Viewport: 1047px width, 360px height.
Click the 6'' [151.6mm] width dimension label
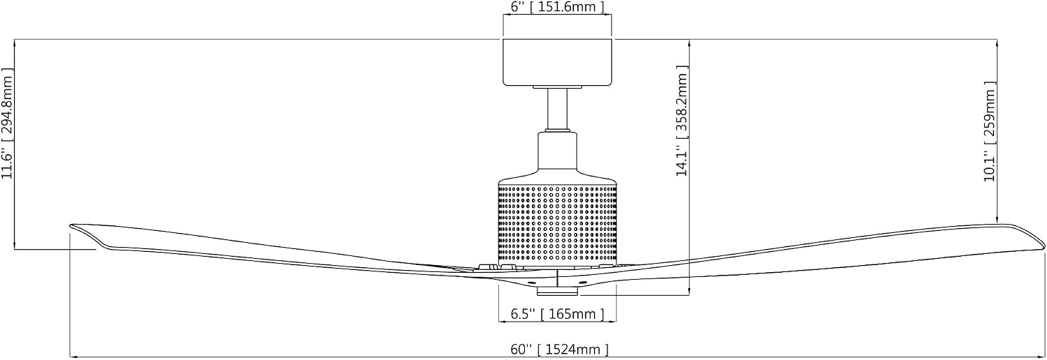(557, 7)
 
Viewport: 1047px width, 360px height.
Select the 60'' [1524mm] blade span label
(560, 349)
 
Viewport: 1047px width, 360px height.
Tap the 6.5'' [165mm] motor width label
(557, 314)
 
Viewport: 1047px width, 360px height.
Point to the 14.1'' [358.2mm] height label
(683, 121)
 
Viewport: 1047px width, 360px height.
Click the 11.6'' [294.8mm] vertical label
(8, 123)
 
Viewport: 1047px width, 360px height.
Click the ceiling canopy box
(557, 63)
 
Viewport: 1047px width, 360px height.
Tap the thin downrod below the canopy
(557, 109)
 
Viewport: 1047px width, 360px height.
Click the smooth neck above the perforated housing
(557, 152)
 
